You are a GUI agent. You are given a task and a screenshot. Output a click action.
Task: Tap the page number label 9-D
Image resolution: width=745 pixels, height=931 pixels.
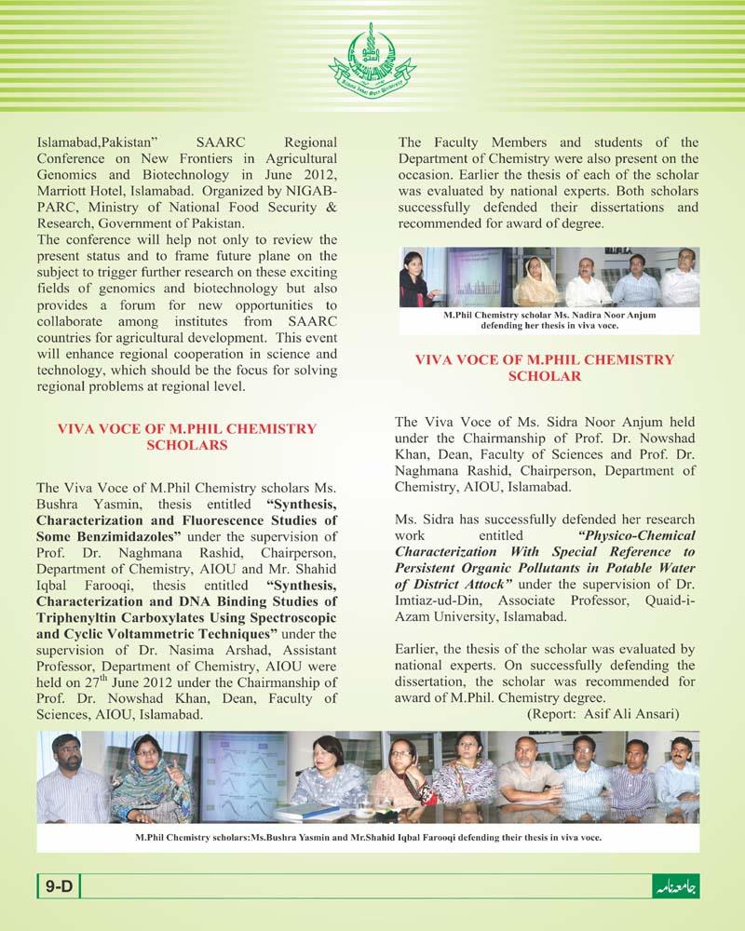59,887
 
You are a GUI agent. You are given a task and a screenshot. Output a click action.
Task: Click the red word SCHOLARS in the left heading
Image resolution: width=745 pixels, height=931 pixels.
187,445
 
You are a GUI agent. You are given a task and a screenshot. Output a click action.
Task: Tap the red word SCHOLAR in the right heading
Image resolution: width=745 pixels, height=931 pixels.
545,375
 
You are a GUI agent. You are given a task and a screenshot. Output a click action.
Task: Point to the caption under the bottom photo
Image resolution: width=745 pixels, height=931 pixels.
368,837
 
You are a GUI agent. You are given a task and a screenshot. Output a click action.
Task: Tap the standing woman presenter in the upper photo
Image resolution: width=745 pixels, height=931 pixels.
413,277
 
